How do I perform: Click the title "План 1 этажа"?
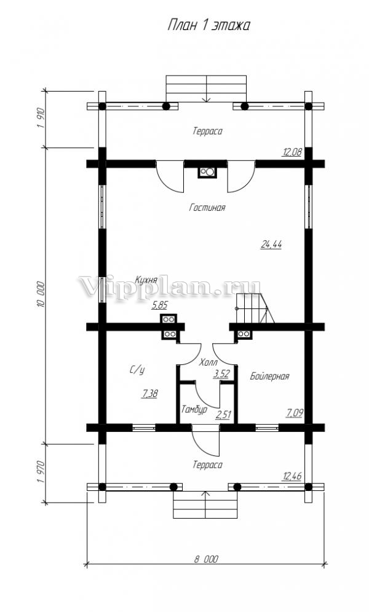coord(208,25)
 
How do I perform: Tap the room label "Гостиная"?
coord(207,207)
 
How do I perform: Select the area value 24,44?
coord(271,245)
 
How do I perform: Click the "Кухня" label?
coord(146,280)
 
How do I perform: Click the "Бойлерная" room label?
coord(269,376)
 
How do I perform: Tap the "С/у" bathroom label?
coord(137,370)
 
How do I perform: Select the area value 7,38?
coord(149,394)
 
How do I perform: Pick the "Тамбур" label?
coord(194,409)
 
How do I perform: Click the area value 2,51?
coord(223,415)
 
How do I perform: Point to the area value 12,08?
coord(292,152)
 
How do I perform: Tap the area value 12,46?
coord(292,476)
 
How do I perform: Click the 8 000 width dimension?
coord(207,559)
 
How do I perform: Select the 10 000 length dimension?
coord(42,295)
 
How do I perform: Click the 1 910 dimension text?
coord(42,118)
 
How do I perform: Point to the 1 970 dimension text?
coord(42,473)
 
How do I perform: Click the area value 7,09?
coord(295,412)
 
